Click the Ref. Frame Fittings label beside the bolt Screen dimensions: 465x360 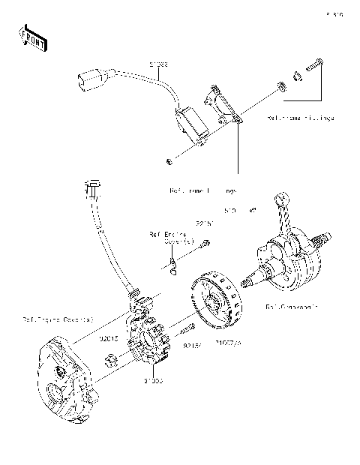click(300, 118)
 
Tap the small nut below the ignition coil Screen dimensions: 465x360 click(170, 161)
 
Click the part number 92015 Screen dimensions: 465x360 click(109, 338)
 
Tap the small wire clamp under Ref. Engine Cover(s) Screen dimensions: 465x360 click(173, 262)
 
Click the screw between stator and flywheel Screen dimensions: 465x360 click(187, 328)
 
